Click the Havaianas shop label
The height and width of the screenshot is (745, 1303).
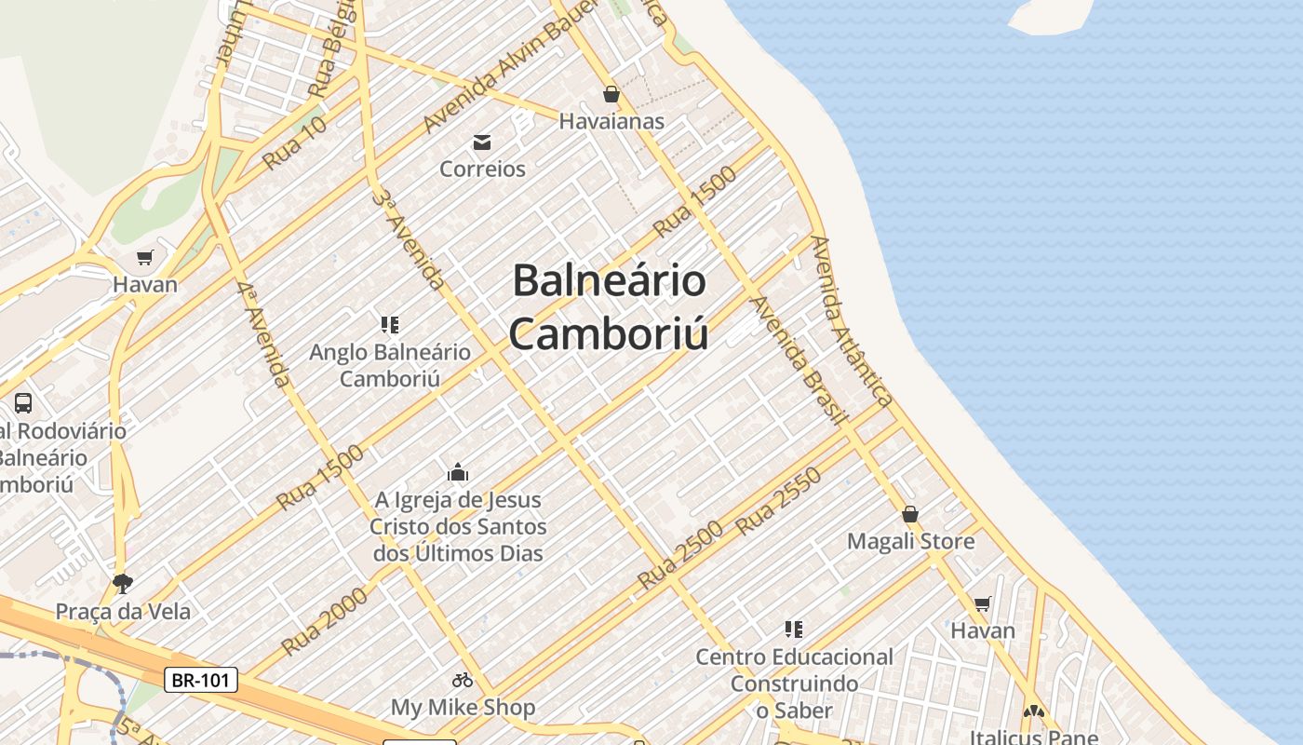pyautogui.click(x=611, y=121)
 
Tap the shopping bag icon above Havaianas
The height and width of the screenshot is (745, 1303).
pyautogui.click(x=611, y=94)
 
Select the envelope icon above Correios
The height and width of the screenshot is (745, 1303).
pyautogui.click(x=482, y=142)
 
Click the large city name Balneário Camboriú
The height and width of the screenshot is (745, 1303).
pyautogui.click(x=610, y=306)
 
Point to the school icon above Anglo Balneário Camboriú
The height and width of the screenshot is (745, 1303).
pyautogui.click(x=390, y=325)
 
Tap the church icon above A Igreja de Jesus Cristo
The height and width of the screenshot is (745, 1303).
pyautogui.click(x=458, y=472)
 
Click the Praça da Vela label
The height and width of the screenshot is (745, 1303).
pyautogui.click(x=123, y=612)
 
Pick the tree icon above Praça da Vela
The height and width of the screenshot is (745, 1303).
pyautogui.click(x=122, y=584)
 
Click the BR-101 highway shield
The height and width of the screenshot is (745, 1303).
pyautogui.click(x=201, y=680)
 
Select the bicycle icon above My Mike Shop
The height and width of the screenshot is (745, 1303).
pyautogui.click(x=463, y=680)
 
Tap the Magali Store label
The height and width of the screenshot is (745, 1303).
pyautogui.click(x=911, y=541)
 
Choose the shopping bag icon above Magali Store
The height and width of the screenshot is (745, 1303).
pyautogui.click(x=910, y=514)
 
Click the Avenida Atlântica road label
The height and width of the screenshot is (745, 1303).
pyautogui.click(x=852, y=321)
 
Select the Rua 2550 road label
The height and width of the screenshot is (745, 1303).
pyautogui.click(x=778, y=500)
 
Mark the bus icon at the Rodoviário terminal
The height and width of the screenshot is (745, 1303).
pyautogui.click(x=23, y=403)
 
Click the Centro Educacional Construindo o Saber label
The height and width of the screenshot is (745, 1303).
pyautogui.click(x=794, y=684)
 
